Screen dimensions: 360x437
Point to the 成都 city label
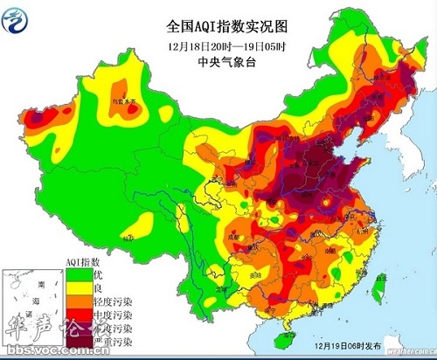click(229, 235)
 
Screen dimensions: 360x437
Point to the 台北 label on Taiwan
click(385, 267)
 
